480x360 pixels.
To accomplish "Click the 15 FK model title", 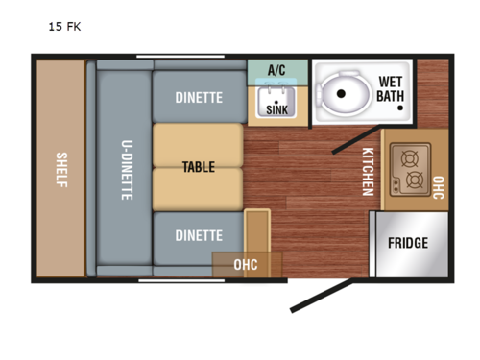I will tap(64, 27).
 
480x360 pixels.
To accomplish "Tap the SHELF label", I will tap(60, 170).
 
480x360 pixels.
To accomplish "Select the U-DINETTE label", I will tap(127, 170).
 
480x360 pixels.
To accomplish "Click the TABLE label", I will tap(198, 167).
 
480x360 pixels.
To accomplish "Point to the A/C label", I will tap(276, 70).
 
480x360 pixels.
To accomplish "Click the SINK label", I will tap(276, 110).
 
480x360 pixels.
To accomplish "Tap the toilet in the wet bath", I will tap(343, 94).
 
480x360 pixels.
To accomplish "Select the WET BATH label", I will tap(390, 88).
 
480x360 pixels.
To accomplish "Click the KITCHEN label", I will tap(367, 172).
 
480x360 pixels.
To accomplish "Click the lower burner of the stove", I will tap(415, 180).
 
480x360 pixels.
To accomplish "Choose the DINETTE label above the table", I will tap(199, 97).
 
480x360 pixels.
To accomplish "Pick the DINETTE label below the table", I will tap(199, 235).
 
